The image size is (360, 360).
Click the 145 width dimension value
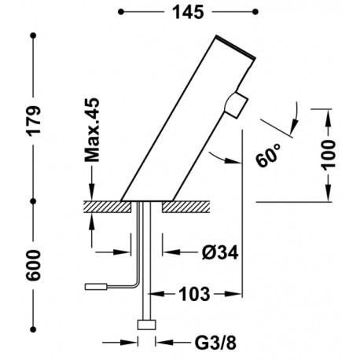(188, 12)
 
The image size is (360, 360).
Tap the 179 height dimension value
(35, 120)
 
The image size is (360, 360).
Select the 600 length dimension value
(34, 265)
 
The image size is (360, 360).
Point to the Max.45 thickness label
(92, 130)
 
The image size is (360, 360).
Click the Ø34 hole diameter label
(220, 252)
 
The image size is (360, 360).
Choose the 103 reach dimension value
(195, 294)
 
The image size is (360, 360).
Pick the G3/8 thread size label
(215, 343)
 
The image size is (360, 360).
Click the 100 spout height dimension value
(328, 155)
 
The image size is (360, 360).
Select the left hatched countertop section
(108, 207)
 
